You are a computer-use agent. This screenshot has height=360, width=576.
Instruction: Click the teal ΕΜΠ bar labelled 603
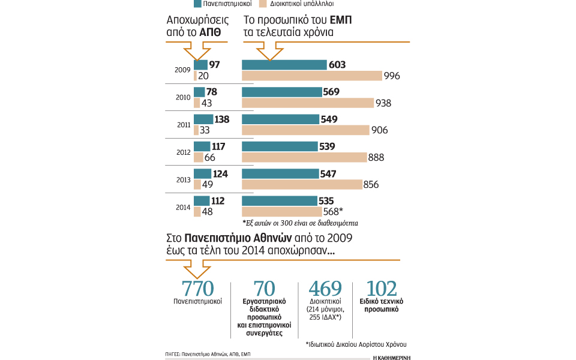(x=284, y=65)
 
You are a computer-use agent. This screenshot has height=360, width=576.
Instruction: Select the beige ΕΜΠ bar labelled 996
(x=311, y=76)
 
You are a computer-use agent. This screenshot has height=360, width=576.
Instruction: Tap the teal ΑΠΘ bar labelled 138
(x=203, y=119)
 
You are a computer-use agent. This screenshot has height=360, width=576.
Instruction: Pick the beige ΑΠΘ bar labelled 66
(x=198, y=157)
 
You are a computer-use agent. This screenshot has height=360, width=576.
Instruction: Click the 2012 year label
(x=182, y=152)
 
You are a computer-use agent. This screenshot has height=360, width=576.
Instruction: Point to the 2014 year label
(x=182, y=207)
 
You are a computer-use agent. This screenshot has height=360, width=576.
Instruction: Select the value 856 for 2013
(x=371, y=185)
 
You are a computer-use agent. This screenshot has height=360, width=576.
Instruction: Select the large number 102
(x=384, y=288)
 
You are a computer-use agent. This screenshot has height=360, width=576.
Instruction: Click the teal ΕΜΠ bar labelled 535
(x=281, y=201)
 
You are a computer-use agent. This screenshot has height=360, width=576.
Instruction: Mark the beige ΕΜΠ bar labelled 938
(x=307, y=103)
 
